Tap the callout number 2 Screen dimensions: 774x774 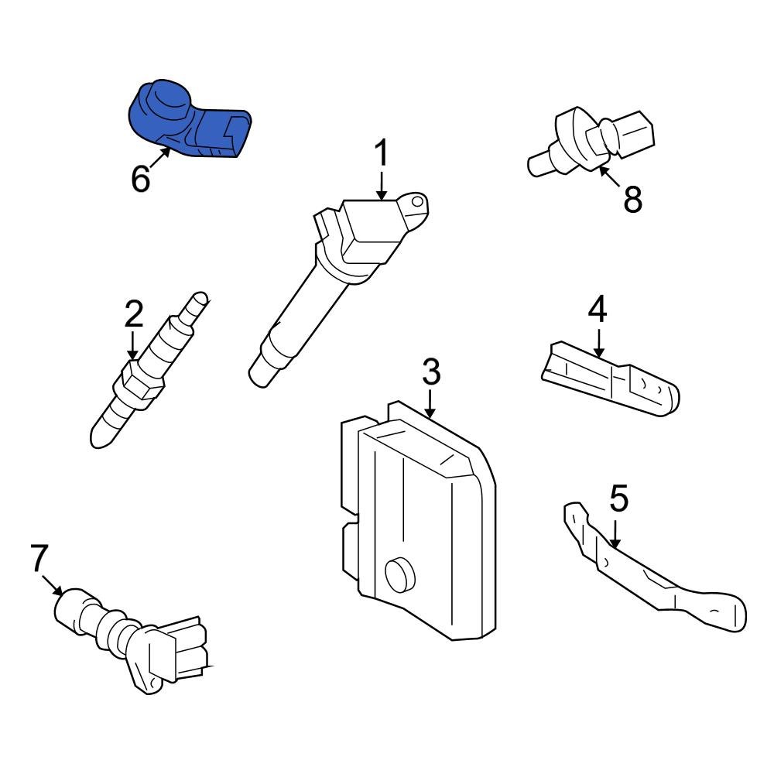[133, 315]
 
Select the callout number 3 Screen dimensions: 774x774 [430, 372]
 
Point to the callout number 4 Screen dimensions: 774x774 [597, 310]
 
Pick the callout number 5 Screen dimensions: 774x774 [618, 499]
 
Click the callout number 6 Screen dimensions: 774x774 [140, 179]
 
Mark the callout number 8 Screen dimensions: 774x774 [632, 200]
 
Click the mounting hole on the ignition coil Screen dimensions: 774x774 [417, 203]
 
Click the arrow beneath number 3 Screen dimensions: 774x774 [430, 404]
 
